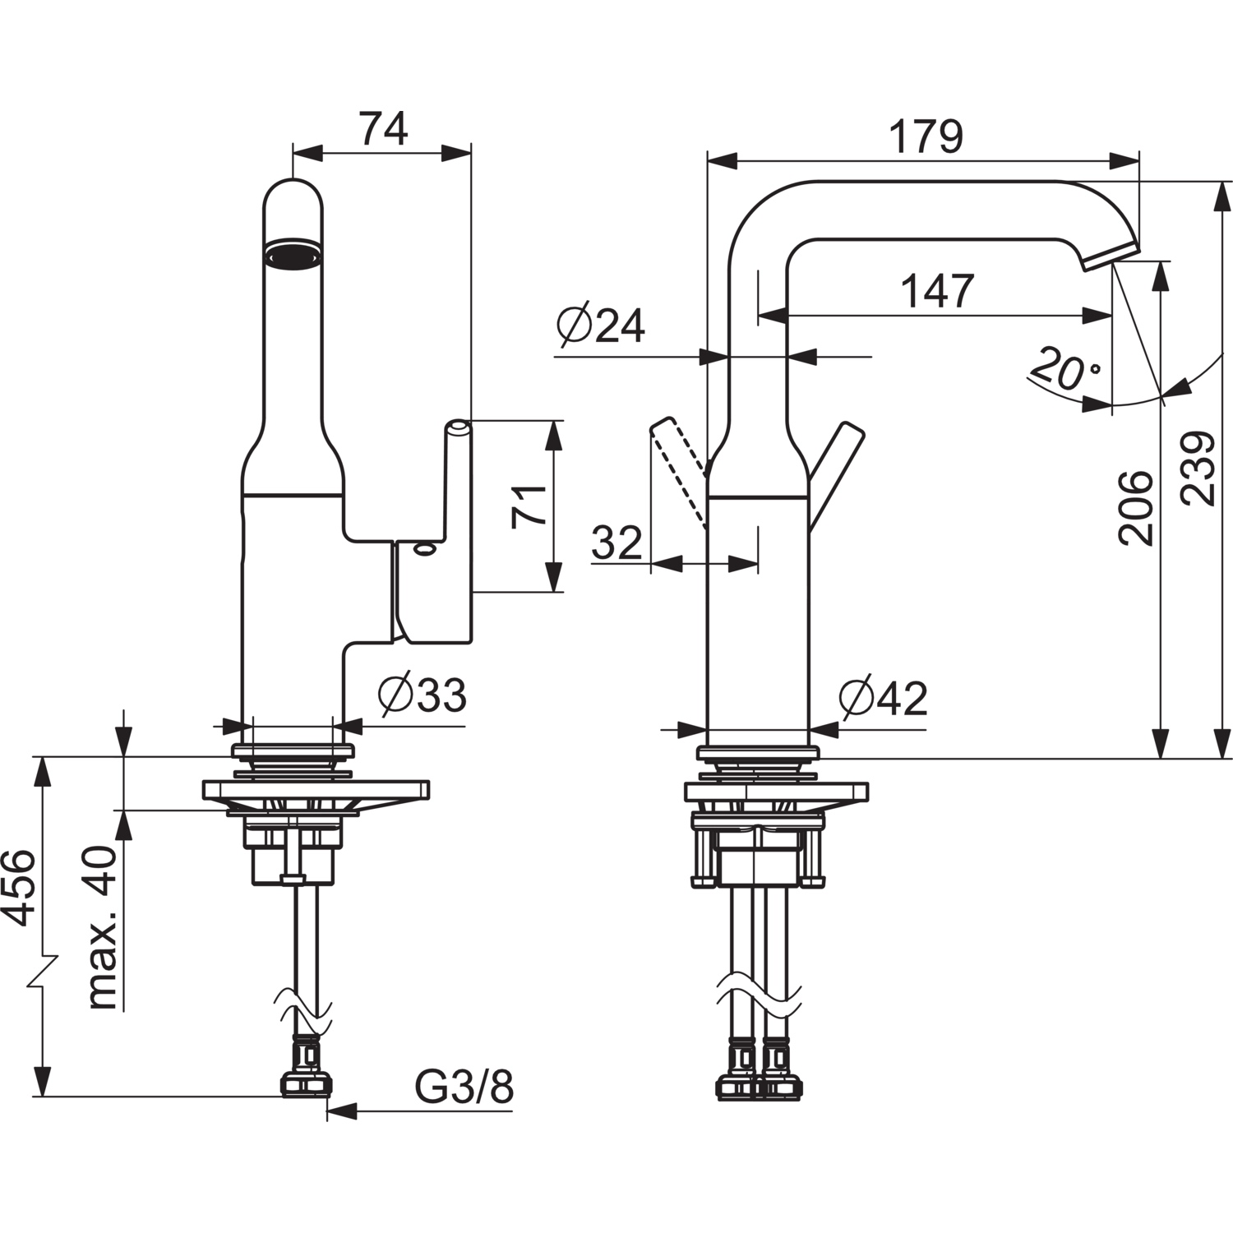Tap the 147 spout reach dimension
(937, 291)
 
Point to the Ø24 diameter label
(600, 326)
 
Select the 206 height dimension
(1136, 507)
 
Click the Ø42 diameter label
(883, 699)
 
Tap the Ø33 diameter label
(422, 695)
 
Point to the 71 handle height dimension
(529, 506)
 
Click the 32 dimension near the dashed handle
(616, 543)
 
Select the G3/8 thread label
(464, 1088)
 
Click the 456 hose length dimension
(18, 888)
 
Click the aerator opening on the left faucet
(292, 254)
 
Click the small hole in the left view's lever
(425, 549)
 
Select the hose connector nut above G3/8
(306, 1085)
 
